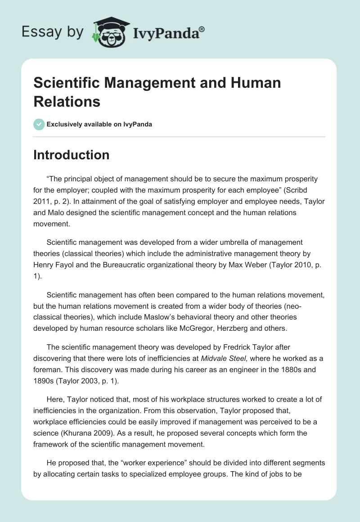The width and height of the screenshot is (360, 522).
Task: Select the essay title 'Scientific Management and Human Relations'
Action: click(157, 92)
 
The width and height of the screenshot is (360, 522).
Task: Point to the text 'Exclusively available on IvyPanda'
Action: click(99, 124)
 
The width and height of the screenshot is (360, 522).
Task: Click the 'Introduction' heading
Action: click(71, 155)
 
